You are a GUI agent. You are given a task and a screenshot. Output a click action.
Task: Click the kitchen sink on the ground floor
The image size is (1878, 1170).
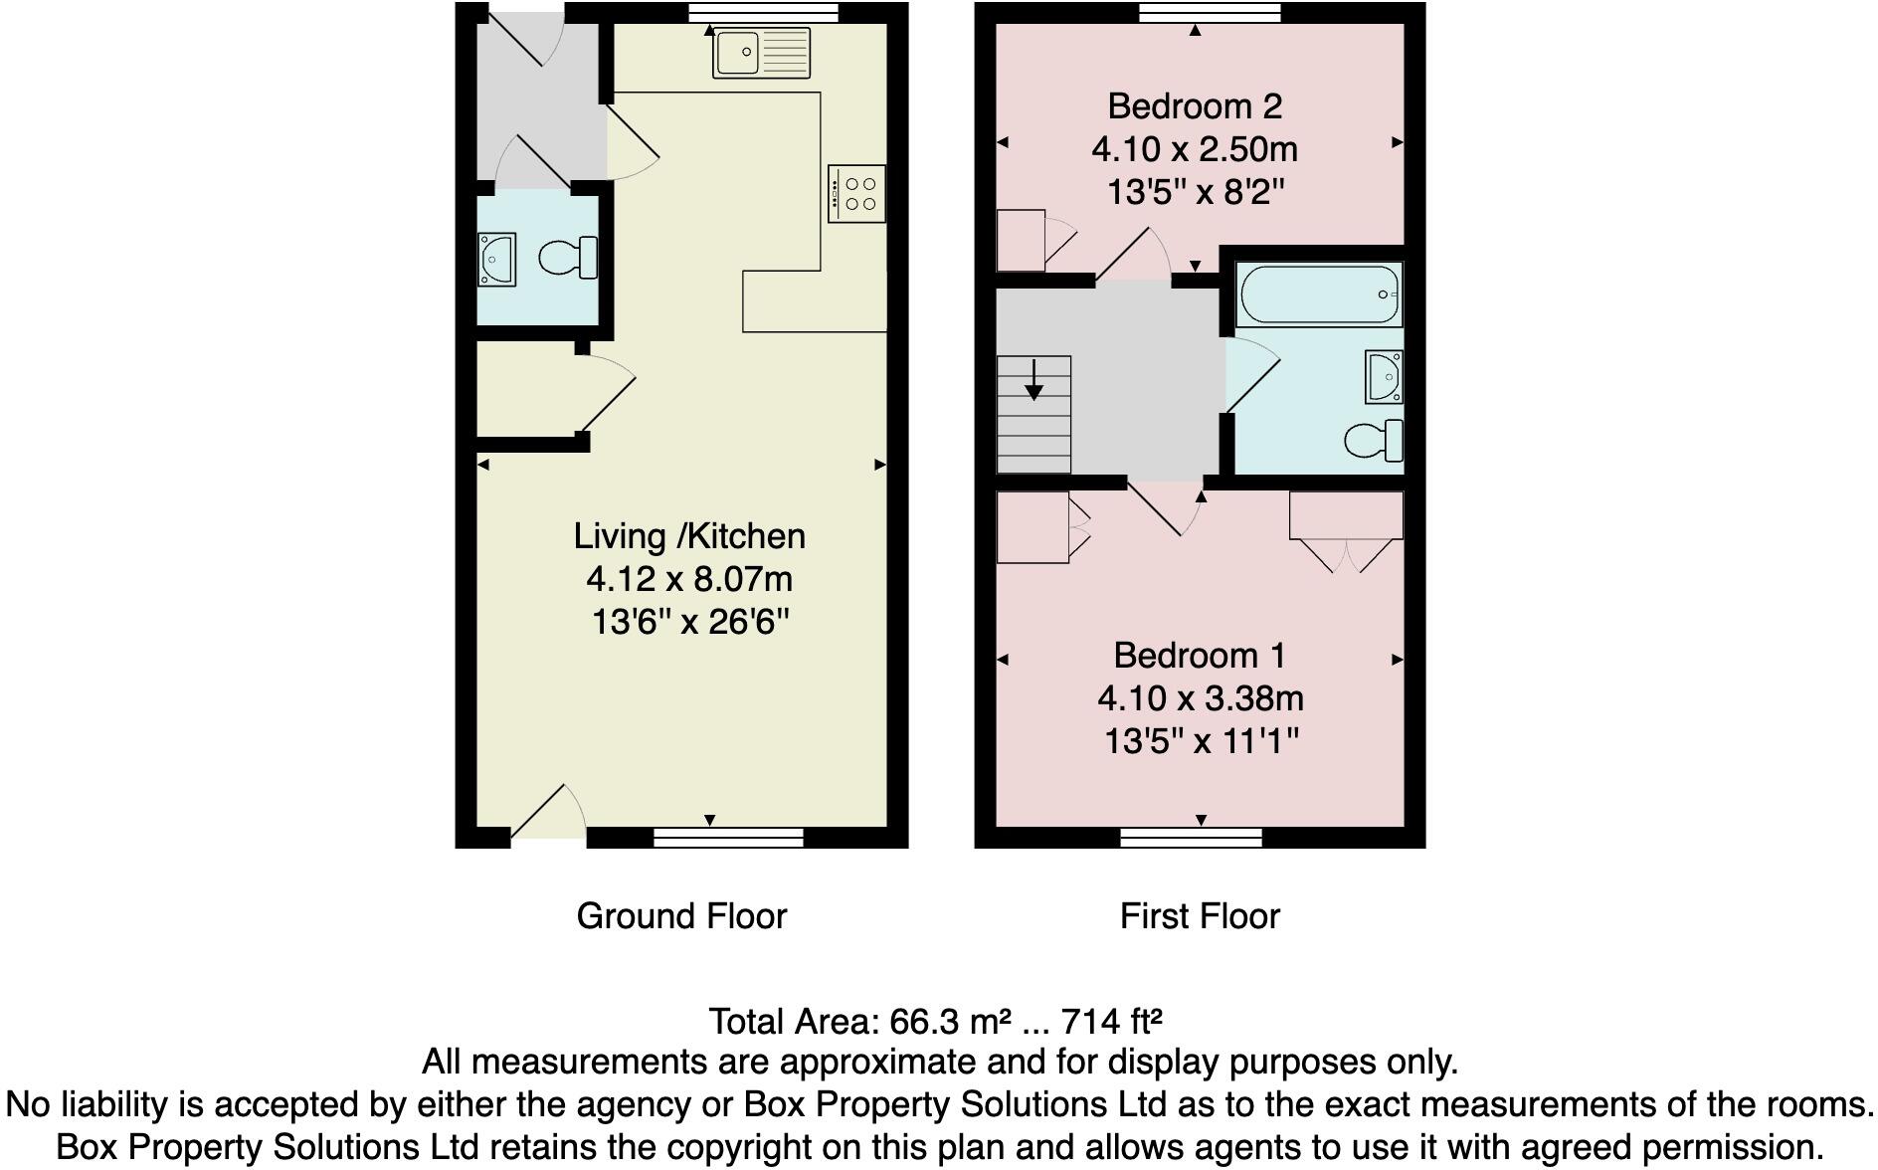click(761, 53)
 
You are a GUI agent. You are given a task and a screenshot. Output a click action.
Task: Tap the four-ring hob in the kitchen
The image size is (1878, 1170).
click(856, 193)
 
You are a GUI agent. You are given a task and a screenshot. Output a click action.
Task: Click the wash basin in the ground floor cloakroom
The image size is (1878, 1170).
click(496, 259)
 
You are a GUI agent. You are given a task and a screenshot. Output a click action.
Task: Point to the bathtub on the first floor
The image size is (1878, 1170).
click(1318, 294)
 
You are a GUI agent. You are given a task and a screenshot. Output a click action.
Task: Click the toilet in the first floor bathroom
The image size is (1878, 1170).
click(1375, 441)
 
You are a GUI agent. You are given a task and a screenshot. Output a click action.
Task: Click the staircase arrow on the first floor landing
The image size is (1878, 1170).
click(1034, 380)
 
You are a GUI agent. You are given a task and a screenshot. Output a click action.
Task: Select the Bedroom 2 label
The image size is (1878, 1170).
click(1195, 105)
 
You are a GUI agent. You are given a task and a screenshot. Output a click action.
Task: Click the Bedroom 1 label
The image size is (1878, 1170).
click(1199, 656)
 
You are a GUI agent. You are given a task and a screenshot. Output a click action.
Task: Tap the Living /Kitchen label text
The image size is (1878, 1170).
click(689, 536)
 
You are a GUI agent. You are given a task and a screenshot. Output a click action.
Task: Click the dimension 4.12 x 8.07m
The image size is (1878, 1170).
click(689, 579)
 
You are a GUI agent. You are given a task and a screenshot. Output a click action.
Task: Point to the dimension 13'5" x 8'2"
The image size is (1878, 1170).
click(1196, 191)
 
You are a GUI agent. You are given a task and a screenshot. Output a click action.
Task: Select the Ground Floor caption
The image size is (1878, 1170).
click(681, 916)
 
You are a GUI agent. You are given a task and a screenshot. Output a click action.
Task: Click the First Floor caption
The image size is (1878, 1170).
click(1200, 916)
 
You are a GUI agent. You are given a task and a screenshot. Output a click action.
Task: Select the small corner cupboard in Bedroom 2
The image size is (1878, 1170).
click(1022, 240)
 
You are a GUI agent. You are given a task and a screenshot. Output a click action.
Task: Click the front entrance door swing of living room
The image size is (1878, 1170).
click(548, 814)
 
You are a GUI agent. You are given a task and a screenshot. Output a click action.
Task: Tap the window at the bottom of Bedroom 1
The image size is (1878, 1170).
click(1192, 838)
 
